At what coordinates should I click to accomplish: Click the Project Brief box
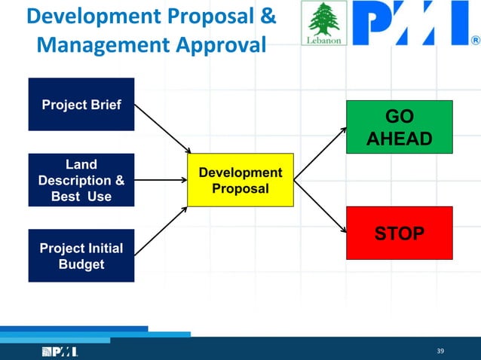(81, 104)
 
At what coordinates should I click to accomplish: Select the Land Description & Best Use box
(81, 180)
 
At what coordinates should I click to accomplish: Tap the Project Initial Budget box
(81, 255)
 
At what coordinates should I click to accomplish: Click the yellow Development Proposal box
(240, 180)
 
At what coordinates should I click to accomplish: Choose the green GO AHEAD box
(399, 128)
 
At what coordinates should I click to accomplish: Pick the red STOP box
(399, 233)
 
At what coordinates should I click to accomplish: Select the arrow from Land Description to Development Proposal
(161, 180)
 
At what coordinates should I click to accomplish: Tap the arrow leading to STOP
(320, 206)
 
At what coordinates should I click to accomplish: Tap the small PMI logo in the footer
(60, 352)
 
